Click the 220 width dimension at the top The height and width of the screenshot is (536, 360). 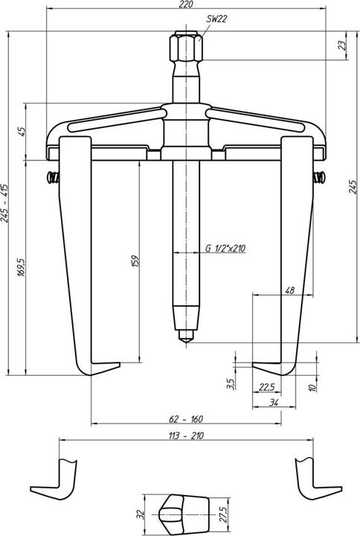(186, 5)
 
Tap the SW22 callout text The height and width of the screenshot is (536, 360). (217, 20)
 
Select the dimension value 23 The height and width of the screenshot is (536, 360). (341, 45)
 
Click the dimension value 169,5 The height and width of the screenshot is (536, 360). (23, 266)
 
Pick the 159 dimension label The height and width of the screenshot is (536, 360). (134, 262)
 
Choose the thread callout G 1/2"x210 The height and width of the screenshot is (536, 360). (224, 249)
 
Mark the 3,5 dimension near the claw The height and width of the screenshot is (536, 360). (231, 383)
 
